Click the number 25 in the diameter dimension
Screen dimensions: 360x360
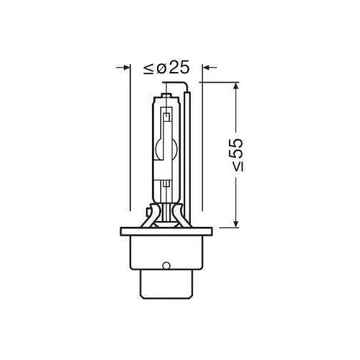180,68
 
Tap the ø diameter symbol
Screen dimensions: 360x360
161,68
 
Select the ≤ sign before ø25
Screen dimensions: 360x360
147,68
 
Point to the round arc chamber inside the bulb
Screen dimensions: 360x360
166,147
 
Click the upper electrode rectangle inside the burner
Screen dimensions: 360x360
166,113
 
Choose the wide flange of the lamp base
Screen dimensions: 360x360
166,238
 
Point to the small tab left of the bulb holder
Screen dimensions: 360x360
147,213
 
